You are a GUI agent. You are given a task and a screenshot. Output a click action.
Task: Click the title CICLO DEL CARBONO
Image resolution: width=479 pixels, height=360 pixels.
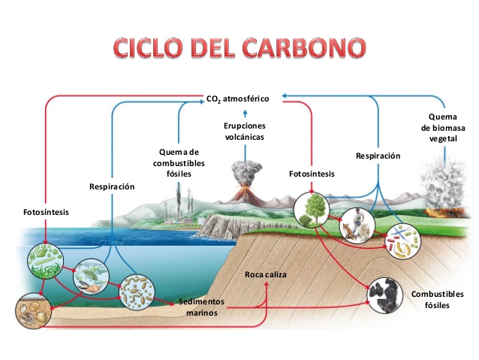239,48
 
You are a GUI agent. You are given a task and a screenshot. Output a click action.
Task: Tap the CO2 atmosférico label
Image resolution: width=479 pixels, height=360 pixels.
238,99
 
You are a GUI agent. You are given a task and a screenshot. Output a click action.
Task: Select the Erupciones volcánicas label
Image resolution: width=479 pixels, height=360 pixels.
245,132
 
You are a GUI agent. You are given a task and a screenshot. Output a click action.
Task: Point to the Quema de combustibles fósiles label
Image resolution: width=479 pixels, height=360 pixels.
179,163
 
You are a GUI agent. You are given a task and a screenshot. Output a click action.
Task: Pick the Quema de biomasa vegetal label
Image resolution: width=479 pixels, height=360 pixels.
443,128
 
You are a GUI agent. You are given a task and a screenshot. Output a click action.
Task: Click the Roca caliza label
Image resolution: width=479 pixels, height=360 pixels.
266,274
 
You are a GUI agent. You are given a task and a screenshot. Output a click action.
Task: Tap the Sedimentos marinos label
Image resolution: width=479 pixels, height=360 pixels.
202,307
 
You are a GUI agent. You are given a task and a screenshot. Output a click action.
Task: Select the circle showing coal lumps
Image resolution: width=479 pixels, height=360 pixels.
384,295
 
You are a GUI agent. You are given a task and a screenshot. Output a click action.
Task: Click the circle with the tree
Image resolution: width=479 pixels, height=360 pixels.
312,210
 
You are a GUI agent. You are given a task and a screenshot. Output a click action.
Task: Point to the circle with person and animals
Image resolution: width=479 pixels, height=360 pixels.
357,225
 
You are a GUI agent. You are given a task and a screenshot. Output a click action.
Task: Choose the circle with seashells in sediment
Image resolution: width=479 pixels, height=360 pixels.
34,310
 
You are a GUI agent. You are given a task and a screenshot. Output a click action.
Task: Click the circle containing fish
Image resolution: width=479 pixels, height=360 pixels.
91,277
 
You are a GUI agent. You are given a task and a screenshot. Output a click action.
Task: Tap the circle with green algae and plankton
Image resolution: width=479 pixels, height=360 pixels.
45,261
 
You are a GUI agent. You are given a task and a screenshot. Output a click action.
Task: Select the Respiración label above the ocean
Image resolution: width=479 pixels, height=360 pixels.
112,186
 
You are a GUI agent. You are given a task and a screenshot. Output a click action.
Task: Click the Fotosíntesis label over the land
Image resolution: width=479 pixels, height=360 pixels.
312,174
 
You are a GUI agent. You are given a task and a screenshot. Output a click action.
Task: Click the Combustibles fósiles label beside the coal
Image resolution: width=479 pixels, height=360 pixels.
438,299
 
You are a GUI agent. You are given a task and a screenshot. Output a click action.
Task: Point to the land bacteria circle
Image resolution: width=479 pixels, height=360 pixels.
402,242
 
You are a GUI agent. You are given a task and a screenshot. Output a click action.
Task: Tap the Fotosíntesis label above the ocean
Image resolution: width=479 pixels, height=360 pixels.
46,212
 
